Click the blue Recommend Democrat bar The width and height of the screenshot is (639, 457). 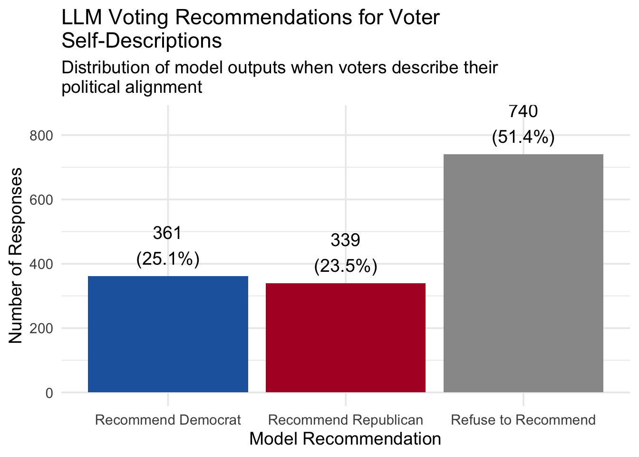coord(168,334)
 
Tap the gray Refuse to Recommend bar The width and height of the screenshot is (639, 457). coord(523,273)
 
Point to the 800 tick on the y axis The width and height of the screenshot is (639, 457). coord(41,136)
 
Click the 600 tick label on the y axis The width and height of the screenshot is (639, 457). coord(41,200)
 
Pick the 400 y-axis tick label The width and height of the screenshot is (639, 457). coord(41,264)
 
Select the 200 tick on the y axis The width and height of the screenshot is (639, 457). coord(41,328)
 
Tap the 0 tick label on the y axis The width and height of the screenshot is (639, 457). coord(49,393)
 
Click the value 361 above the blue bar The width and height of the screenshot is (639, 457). coord(167,233)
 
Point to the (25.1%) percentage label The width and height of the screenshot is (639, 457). coord(167,259)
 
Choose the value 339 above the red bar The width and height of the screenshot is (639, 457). coord(346,240)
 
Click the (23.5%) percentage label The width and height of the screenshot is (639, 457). coord(346,266)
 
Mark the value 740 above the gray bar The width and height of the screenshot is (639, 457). coord(523,111)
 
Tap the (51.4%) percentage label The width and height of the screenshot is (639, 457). coord(523,137)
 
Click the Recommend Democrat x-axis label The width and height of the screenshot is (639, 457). coord(168,420)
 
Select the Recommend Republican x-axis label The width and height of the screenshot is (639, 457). coord(346,420)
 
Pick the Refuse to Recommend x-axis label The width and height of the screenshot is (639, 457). coord(523,420)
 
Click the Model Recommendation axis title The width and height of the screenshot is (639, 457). coord(345,438)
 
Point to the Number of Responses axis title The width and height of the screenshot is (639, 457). coord(16,255)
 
